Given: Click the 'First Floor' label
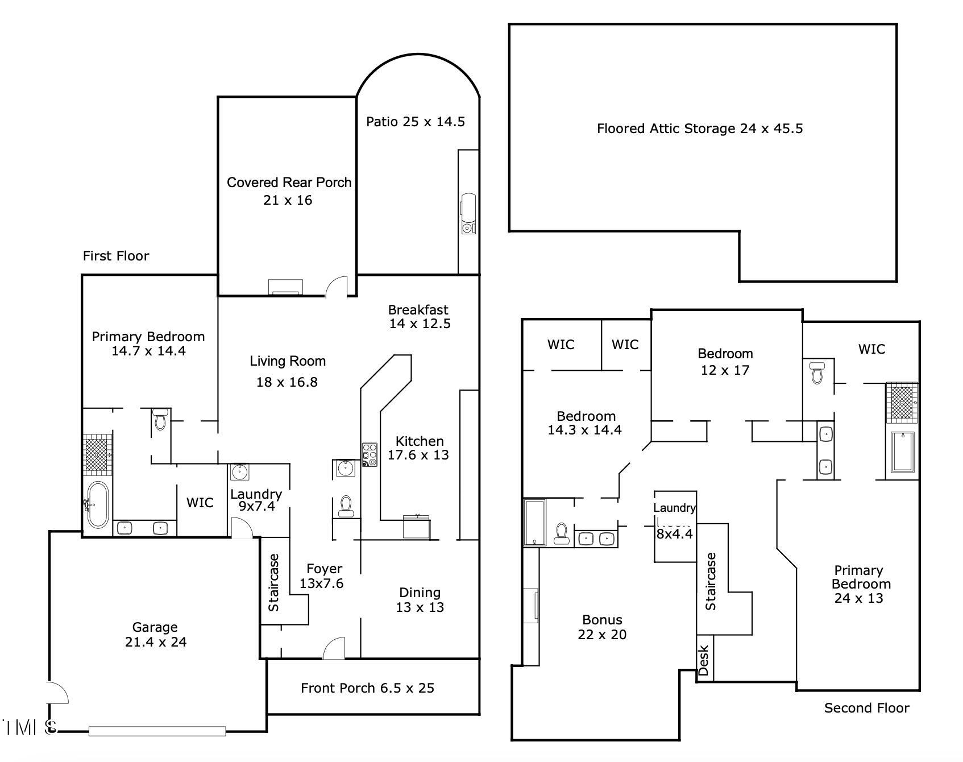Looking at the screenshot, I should click(x=116, y=256).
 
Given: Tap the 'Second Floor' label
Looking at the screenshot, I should click(x=866, y=708).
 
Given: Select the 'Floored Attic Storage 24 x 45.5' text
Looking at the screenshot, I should click(x=699, y=129).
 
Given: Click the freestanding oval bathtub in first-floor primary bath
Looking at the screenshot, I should click(x=98, y=505).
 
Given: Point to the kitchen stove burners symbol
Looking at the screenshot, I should click(x=370, y=455).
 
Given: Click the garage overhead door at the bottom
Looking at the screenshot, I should click(x=157, y=731).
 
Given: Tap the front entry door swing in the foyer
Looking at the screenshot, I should click(x=334, y=648).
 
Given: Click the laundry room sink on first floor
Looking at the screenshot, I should click(x=239, y=472).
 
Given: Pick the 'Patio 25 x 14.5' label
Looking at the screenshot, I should click(x=416, y=122).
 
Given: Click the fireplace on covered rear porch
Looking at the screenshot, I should click(x=286, y=287).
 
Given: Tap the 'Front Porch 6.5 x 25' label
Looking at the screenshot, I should click(x=367, y=688).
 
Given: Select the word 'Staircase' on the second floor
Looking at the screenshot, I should click(x=711, y=581).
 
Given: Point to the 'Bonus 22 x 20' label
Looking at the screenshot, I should click(x=602, y=627).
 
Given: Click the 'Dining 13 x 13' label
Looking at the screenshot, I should click(x=420, y=600).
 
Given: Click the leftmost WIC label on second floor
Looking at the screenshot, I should click(x=561, y=345).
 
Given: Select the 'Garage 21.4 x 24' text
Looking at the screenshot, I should click(x=155, y=635).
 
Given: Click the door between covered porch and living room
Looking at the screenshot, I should click(x=337, y=287).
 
